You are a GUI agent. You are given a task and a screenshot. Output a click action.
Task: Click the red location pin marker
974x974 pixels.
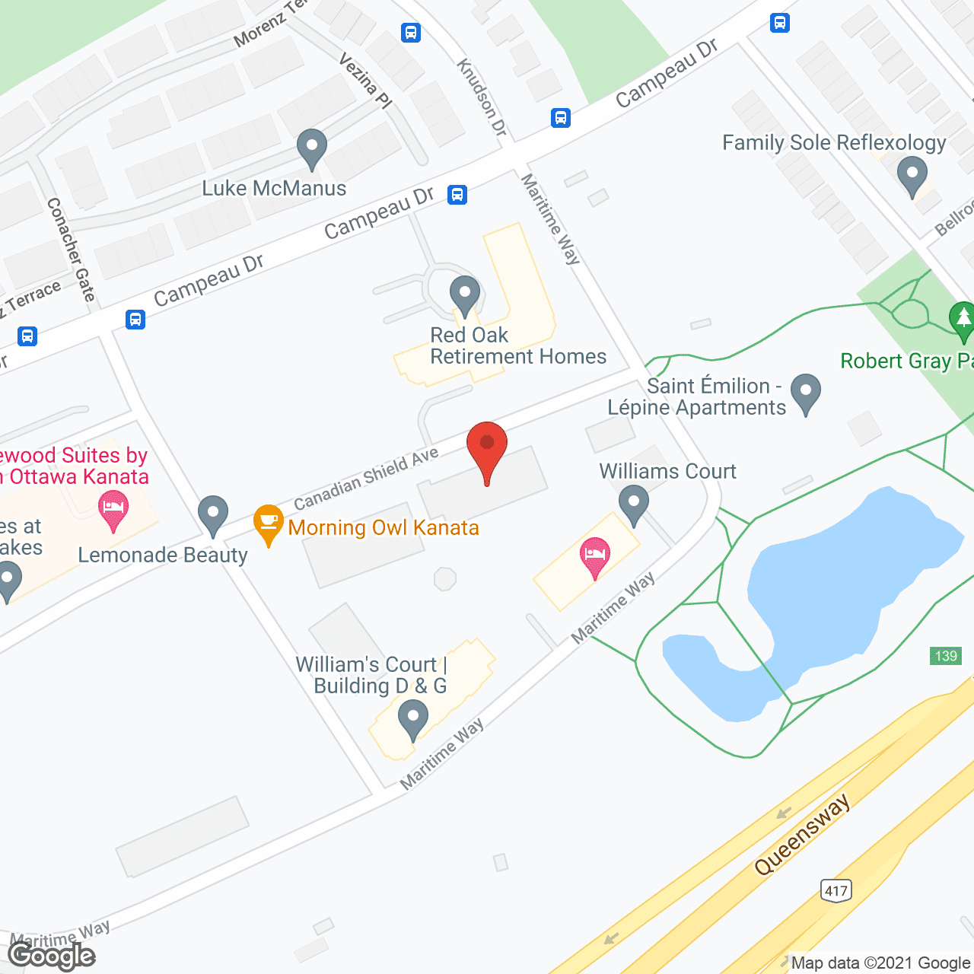click(486, 449)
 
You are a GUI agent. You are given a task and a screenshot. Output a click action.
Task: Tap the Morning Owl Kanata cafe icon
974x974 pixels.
click(268, 524)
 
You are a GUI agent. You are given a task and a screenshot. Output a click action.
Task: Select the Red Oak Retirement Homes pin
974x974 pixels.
click(464, 295)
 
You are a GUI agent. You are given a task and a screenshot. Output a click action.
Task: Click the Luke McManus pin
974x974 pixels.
click(311, 148)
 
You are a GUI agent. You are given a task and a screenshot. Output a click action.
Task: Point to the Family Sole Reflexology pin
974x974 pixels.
click(912, 175)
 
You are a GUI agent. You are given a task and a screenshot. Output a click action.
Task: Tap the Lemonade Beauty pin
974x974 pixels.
click(213, 515)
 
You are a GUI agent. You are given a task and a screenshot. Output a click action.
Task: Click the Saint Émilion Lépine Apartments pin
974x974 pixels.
click(806, 393)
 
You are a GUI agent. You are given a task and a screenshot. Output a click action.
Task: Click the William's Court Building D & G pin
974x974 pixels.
click(413, 720)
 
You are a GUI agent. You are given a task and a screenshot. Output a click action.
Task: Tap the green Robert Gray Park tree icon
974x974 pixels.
click(963, 320)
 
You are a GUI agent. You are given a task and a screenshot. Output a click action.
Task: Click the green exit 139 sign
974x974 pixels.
click(946, 656)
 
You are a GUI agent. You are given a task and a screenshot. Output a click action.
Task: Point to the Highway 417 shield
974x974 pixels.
click(836, 890)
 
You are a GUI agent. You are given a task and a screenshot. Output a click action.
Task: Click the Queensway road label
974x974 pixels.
click(802, 836)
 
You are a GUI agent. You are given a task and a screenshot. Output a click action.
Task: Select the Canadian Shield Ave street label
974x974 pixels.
click(366, 479)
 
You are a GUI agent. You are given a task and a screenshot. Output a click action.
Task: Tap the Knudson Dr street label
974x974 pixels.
click(482, 97)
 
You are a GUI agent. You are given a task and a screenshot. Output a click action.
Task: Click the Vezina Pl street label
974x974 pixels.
click(365, 80)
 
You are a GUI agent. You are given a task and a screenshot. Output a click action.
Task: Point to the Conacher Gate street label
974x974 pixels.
click(71, 250)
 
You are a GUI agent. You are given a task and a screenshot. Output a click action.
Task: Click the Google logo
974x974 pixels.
click(52, 955)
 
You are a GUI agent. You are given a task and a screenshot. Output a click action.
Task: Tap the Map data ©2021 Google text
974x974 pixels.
click(881, 963)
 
